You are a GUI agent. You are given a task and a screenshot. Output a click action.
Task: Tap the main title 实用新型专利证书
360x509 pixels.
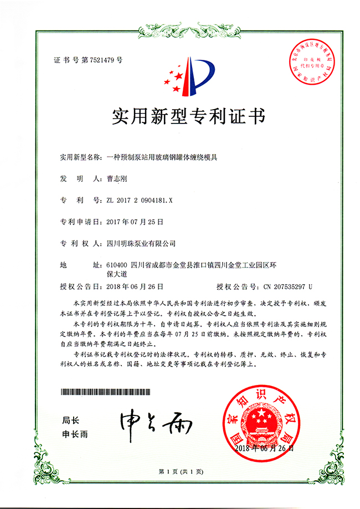click(180, 117)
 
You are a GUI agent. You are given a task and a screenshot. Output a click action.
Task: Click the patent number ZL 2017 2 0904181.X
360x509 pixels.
click(139, 200)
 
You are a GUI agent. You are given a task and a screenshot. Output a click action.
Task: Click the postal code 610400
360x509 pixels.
click(117, 265)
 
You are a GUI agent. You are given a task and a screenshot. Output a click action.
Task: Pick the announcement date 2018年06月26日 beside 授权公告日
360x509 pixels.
click(134, 286)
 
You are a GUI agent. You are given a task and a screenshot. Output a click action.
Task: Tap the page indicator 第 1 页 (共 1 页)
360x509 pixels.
click(181, 471)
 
